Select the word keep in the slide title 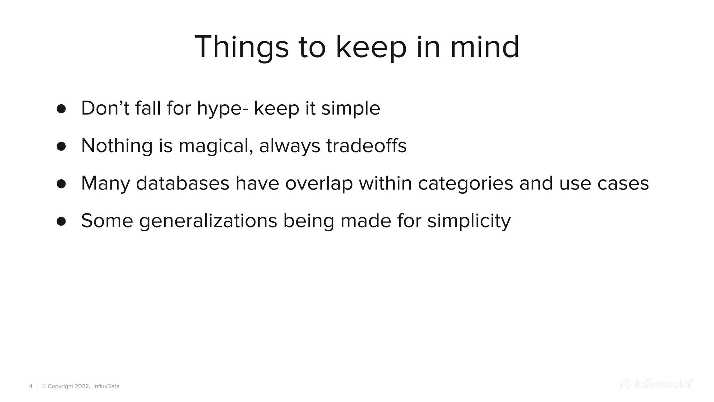point(371,48)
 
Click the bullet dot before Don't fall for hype point(61,109)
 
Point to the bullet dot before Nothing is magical point(61,146)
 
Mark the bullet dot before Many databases point(61,184)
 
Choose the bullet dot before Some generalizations point(61,221)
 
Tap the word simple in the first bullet point(350,109)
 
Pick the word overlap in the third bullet point(319,184)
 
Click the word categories point(465,184)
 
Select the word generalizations point(208,221)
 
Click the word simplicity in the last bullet point(469,221)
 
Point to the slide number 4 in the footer point(31,386)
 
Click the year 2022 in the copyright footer point(82,386)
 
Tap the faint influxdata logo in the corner point(656,384)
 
